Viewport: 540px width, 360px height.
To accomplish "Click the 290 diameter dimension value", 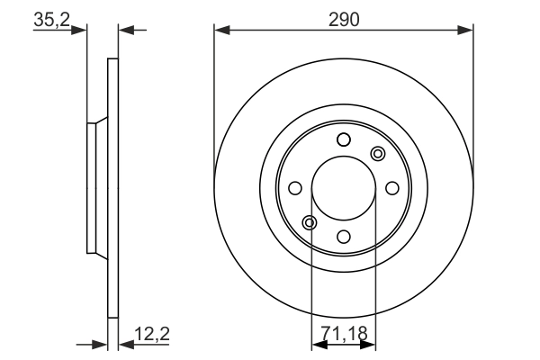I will (x=343, y=18).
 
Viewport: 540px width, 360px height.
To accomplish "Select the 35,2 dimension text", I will (x=50, y=19).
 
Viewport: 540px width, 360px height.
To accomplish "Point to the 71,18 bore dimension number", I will (x=343, y=334).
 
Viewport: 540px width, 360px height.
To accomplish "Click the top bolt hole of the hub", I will (x=343, y=139).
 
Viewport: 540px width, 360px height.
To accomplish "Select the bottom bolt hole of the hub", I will (x=343, y=236).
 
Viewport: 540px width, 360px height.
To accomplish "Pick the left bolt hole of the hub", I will (x=294, y=187).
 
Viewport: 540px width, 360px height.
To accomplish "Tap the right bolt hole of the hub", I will (x=391, y=187).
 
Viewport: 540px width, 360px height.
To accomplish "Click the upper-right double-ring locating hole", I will (x=377, y=153).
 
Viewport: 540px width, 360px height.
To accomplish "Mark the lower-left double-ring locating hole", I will (x=310, y=222).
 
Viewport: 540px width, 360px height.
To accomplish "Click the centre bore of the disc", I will (x=343, y=187).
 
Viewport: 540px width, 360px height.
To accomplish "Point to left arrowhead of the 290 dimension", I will (x=220, y=31).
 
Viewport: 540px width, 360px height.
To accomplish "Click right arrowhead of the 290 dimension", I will (x=466, y=31).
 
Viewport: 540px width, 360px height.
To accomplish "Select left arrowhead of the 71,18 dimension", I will (x=317, y=344).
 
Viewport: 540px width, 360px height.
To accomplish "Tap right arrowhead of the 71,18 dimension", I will (x=369, y=344).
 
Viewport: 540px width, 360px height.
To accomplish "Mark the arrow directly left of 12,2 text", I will (x=125, y=344).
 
